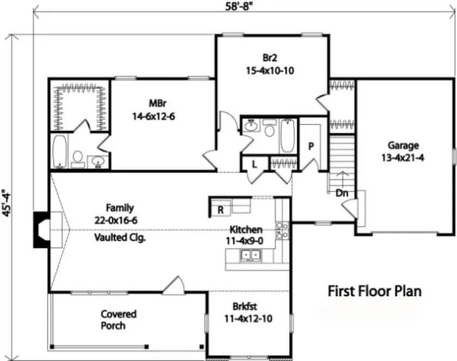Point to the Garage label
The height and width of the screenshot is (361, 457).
(x=403, y=151)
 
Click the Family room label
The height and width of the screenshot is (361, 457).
(x=120, y=213)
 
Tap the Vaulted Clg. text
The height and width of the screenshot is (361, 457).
(x=120, y=238)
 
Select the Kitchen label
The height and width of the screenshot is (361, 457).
(x=246, y=235)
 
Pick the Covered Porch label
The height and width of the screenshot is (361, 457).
(x=118, y=320)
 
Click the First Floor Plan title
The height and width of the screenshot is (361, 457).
(x=374, y=291)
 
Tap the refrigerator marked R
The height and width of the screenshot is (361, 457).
(x=221, y=209)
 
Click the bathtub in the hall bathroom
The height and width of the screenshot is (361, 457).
(x=288, y=136)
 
